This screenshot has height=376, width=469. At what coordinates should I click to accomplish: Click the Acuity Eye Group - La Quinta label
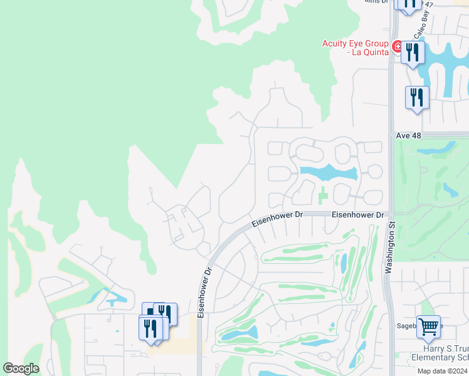pyautogui.click(x=355, y=48)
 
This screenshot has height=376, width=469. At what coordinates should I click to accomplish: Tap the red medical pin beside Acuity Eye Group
pyautogui.click(x=397, y=47)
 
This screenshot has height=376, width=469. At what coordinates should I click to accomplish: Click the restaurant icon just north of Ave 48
pyautogui.click(x=417, y=98)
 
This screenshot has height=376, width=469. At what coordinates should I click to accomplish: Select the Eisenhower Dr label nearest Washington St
pyautogui.click(x=357, y=215)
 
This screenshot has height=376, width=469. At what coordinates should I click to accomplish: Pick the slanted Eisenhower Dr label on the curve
pyautogui.click(x=277, y=219)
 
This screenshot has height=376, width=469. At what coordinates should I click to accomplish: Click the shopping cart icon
pyautogui.click(x=428, y=326)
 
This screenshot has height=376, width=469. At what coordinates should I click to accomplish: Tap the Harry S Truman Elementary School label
pyautogui.click(x=439, y=353)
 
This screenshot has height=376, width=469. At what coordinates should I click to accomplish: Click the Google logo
pyautogui.click(x=21, y=368)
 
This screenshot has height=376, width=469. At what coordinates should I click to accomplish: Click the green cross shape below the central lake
pyautogui.click(x=322, y=195)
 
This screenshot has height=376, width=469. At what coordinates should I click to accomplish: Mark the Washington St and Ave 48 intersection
pyautogui.click(x=391, y=135)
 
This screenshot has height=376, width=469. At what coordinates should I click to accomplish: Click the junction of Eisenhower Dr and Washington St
pyautogui.click(x=389, y=214)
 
